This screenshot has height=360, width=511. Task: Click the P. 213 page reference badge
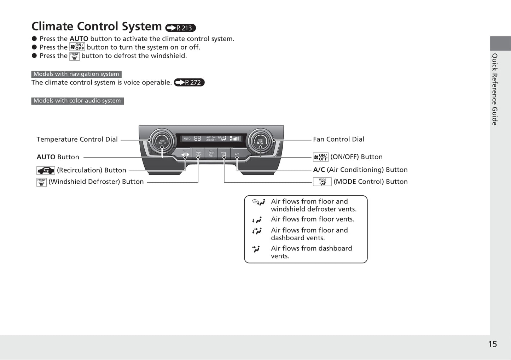pyautogui.click(x=180, y=28)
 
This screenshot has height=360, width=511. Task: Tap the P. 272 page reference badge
pyautogui.click(x=189, y=82)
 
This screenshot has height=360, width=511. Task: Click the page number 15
pyautogui.click(x=492, y=344)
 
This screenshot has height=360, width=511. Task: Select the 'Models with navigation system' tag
pyautogui.click(x=76, y=74)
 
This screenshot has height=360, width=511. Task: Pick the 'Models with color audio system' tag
pyautogui.click(x=77, y=101)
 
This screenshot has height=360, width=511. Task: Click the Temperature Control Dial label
pyautogui.click(x=77, y=139)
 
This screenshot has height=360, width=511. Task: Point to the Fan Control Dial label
pyautogui.click(x=338, y=139)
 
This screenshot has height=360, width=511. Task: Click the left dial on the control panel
pyautogui.click(x=162, y=141)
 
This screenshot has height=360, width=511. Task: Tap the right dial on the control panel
pyautogui.click(x=260, y=141)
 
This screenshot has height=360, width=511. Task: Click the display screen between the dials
pyautogui.click(x=211, y=139)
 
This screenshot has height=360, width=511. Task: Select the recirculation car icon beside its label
pyautogui.click(x=46, y=171)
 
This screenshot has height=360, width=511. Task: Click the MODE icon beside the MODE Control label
pyautogui.click(x=322, y=182)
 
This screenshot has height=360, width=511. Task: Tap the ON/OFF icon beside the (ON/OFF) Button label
pyautogui.click(x=321, y=157)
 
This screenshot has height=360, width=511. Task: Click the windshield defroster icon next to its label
pyautogui.click(x=41, y=182)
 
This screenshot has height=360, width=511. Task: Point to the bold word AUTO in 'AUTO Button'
pyautogui.click(x=46, y=157)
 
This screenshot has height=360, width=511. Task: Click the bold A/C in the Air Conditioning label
pyautogui.click(x=319, y=170)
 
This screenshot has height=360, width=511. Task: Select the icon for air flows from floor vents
pyautogui.click(x=257, y=220)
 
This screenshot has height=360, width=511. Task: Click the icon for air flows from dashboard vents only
pyautogui.click(x=256, y=249)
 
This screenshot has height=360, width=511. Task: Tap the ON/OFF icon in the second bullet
pyautogui.click(x=77, y=47)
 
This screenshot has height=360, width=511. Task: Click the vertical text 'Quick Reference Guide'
pyautogui.click(x=495, y=89)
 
